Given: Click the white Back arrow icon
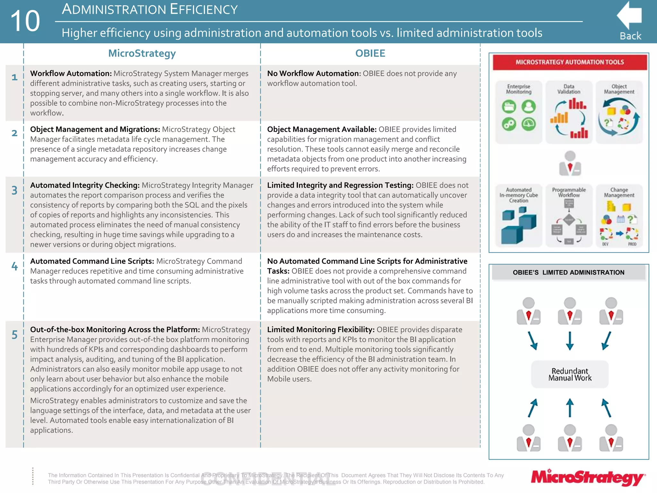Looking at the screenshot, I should [x=629, y=15].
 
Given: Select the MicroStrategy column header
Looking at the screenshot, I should [x=142, y=53].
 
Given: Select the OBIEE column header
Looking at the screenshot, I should [x=370, y=53].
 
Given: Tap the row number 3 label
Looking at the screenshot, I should [x=14, y=190].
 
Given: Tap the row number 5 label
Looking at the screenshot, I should [x=14, y=335].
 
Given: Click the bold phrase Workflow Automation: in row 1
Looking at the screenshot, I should [x=71, y=74].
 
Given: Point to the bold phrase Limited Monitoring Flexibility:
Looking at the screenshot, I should [x=320, y=330].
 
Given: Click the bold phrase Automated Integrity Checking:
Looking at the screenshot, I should [x=85, y=185].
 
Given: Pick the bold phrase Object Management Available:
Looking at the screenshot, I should [x=321, y=129].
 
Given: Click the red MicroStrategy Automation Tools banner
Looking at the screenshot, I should [x=569, y=62].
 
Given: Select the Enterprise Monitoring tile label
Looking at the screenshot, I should [x=518, y=89].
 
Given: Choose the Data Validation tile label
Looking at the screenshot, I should [x=569, y=89].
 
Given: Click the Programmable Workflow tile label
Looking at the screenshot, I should [x=569, y=192].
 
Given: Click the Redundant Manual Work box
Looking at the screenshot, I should [x=570, y=374].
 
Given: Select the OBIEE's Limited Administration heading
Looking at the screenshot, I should [x=568, y=272].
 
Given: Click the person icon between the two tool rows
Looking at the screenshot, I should [x=570, y=164].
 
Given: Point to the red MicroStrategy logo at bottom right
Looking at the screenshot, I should [x=588, y=478].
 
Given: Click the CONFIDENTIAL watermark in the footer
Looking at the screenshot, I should [x=268, y=479].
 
